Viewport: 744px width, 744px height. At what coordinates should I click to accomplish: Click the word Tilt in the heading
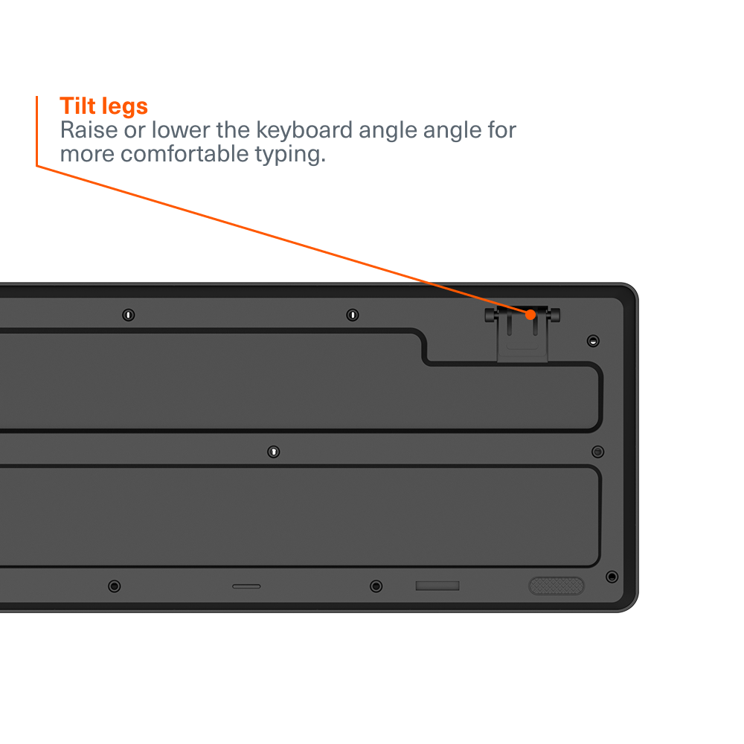77,106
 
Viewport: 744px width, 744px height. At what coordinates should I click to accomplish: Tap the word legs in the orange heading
125,107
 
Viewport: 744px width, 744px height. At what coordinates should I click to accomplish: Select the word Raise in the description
89,130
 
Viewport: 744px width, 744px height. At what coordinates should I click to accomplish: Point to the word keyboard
304,130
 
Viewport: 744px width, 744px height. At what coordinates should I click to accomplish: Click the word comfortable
185,154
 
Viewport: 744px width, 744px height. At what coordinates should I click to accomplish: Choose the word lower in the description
180,130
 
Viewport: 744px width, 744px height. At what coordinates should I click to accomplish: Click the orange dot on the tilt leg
530,315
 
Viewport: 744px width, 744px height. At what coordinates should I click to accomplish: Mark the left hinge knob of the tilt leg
490,315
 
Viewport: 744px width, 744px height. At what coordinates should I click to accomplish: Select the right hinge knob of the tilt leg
554,315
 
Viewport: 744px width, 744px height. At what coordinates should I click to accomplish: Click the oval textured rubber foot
557,586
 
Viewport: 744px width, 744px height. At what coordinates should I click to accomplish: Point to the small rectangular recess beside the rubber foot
437,586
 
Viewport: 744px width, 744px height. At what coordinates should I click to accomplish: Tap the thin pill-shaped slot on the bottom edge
246,586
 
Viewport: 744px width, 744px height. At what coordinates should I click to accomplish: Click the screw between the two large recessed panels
273,452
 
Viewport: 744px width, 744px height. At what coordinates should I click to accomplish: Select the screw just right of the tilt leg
593,341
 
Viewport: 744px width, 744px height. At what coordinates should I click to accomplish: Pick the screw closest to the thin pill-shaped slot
115,586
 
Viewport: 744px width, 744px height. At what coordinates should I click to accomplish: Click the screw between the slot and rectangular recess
376,586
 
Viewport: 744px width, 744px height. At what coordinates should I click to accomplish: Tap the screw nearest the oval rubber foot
612,577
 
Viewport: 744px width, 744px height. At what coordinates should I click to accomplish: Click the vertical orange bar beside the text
37,131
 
